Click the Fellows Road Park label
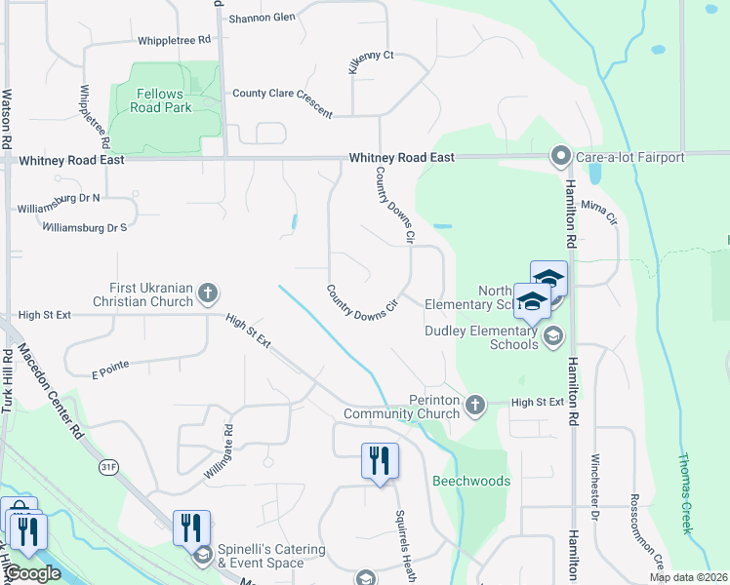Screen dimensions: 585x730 pyautogui.click(x=161, y=100)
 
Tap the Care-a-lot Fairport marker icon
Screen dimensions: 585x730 pyautogui.click(x=560, y=156)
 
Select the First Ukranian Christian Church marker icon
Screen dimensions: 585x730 pyautogui.click(x=207, y=292)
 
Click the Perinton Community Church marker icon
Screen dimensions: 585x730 pyautogui.click(x=474, y=405)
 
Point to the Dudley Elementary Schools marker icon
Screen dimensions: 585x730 pyautogui.click(x=553, y=336)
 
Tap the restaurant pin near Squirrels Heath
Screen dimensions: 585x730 pyautogui.click(x=379, y=460)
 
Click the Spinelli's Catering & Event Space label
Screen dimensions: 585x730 pyautogui.click(x=270, y=556)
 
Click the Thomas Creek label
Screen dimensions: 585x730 pyautogui.click(x=686, y=493)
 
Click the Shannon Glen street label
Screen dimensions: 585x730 pyautogui.click(x=262, y=18)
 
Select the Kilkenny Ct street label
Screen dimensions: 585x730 pyautogui.click(x=371, y=62)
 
